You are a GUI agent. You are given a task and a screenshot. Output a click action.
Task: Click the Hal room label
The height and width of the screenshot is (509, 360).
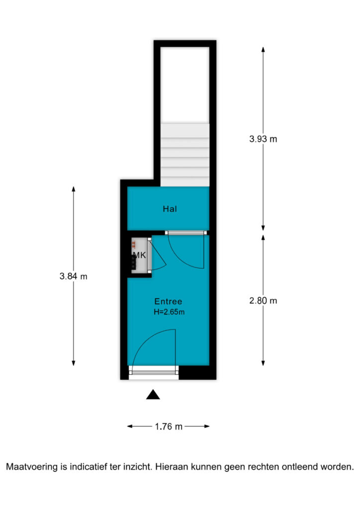(x=170, y=209)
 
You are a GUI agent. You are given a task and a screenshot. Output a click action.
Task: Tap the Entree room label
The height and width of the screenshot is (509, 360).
(x=168, y=301)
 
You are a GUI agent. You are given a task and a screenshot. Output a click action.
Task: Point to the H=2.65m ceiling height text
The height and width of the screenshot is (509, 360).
(x=169, y=312)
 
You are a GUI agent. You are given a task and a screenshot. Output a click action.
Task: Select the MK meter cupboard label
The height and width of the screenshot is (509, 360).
(x=140, y=255)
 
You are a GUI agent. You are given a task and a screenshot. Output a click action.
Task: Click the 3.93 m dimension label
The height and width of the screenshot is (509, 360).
(x=263, y=139)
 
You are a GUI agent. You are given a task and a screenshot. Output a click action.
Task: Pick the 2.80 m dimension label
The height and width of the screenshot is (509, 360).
(x=263, y=301)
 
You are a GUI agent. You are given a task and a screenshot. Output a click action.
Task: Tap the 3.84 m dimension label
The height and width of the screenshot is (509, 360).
(x=74, y=276)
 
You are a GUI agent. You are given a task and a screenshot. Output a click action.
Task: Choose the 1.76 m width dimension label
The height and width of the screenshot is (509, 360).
(x=169, y=426)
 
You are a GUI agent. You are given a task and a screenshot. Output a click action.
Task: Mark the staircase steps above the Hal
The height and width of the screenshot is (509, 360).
(x=185, y=155)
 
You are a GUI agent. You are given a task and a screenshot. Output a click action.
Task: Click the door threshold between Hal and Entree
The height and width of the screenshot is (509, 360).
(x=185, y=233)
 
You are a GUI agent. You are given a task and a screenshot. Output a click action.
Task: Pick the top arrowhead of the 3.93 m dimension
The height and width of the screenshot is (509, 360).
(x=263, y=49)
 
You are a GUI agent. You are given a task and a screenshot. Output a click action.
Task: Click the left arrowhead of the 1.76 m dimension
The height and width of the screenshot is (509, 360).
(x=130, y=426)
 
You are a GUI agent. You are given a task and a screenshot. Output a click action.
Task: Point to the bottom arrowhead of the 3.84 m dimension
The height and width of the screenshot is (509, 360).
(x=74, y=363)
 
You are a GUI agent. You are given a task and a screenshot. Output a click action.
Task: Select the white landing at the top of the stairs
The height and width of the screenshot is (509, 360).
(x=185, y=85)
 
